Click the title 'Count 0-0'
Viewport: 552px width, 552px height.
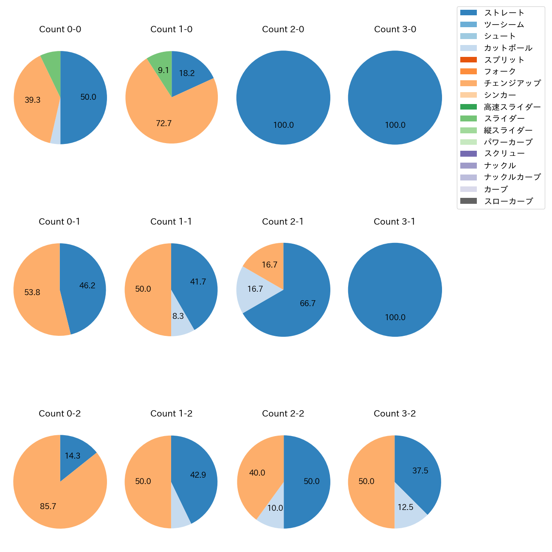pos(60,29)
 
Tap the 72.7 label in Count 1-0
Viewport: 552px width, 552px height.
pos(163,124)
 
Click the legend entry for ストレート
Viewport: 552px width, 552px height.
pos(504,13)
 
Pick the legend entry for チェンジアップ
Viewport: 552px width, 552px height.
pos(512,83)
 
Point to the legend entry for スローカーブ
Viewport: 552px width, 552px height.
pos(508,201)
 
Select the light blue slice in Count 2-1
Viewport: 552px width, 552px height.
pos(253,289)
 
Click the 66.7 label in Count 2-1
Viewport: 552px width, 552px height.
pos(307,304)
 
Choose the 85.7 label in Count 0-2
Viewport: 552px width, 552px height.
pos(48,507)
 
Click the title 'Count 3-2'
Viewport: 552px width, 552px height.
pos(394,414)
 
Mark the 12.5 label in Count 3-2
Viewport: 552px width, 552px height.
pos(406,507)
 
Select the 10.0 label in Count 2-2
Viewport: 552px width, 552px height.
pos(275,508)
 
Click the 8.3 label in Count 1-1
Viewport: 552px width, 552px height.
pos(178,316)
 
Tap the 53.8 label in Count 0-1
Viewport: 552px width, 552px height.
pos(32,293)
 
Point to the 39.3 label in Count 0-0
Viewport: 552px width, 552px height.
pos(32,100)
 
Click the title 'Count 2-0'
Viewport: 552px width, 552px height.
pos(283,29)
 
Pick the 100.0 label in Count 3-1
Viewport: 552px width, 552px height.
pos(395,318)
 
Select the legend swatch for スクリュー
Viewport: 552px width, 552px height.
pos(468,154)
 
